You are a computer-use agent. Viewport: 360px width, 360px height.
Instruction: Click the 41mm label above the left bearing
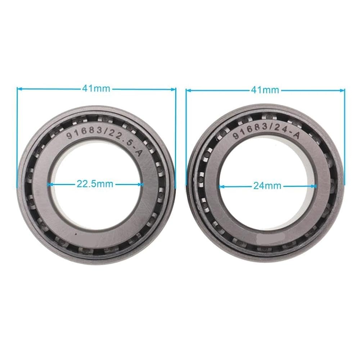pyautogui.click(x=96, y=89)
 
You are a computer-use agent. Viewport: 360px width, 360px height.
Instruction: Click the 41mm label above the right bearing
pyautogui.click(x=265, y=90)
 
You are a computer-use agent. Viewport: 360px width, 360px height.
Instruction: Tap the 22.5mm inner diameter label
pyautogui.click(x=95, y=184)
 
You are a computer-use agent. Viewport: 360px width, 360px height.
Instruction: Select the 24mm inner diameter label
pyautogui.click(x=267, y=185)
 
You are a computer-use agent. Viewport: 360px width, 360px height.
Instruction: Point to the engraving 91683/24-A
pyautogui.click(x=266, y=131)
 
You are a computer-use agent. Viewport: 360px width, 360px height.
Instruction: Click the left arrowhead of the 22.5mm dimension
pyautogui.click(x=49, y=184)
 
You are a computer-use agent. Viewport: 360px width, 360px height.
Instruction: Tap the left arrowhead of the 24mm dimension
pyautogui.click(x=221, y=186)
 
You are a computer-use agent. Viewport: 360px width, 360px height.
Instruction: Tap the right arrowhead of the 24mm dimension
pyautogui.click(x=314, y=186)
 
